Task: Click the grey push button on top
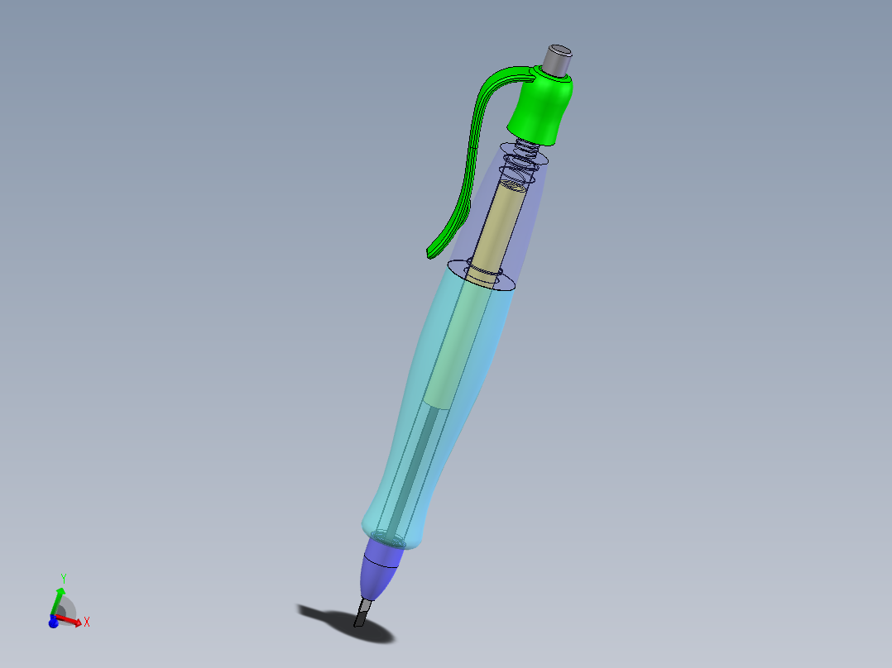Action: pos(557,60)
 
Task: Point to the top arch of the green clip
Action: pos(496,79)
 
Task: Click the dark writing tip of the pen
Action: pos(362,613)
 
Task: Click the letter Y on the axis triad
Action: pos(63,577)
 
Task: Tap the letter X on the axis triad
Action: pos(86,622)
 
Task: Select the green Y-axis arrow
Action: pos(58,599)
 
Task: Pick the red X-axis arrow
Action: pos(71,620)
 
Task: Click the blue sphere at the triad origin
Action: pos(53,623)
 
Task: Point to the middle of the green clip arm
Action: pos(468,174)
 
